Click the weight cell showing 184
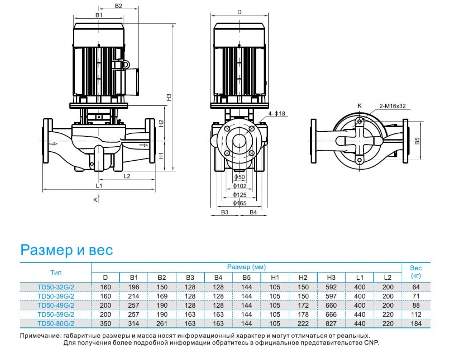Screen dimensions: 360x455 pos(416,324)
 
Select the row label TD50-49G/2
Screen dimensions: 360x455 pos(56,305)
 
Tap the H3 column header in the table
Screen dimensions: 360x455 pos(331,277)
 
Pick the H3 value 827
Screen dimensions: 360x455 pos(331,324)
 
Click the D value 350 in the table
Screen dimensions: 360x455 pos(105,324)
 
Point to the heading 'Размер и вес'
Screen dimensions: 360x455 pos(67,250)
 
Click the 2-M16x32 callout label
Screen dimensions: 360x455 pos(392,106)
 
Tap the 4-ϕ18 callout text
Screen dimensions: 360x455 pos(276,113)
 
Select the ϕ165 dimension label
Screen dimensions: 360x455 pos(240,203)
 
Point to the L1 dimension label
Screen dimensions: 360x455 pos(99,186)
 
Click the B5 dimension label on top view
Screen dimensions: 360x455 pos(417,141)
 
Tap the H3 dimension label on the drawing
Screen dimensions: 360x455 pos(169,97)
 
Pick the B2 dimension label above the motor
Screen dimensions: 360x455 pos(118,6)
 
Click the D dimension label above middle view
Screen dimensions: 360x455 pos(239,12)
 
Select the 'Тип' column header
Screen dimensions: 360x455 pos(56,272)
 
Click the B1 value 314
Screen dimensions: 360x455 pos(133,324)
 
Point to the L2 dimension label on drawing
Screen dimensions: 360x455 pos(127,176)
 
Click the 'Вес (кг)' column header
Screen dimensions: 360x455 pos(416,272)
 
